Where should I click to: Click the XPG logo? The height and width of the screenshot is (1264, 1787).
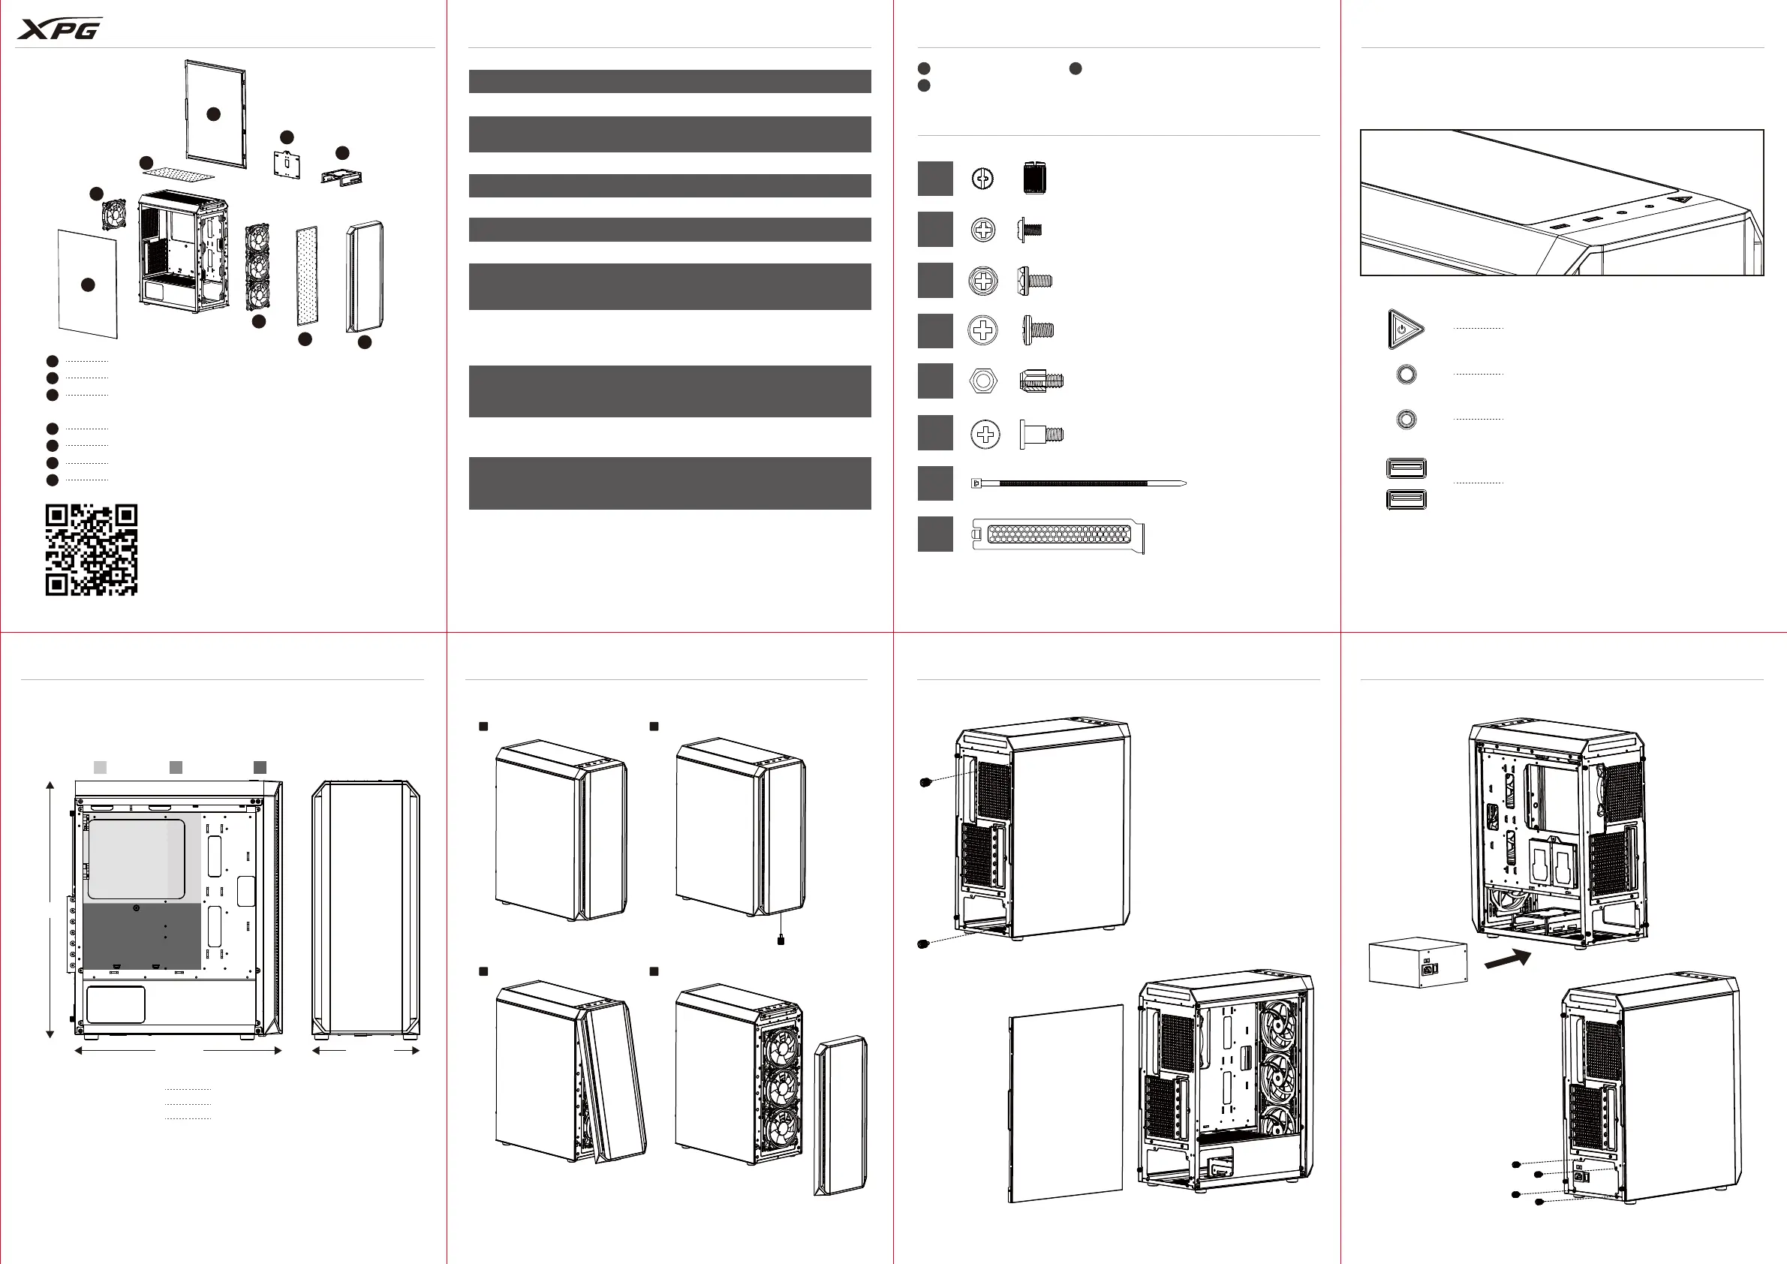click(x=60, y=29)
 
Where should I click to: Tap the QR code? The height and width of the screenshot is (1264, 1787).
click(x=91, y=549)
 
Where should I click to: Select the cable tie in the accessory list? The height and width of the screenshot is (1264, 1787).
click(x=1078, y=483)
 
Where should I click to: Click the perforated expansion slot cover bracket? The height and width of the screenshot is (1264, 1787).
click(x=1058, y=534)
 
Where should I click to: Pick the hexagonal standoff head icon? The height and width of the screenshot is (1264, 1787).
click(x=983, y=381)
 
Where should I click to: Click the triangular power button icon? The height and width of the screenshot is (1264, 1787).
click(x=1405, y=330)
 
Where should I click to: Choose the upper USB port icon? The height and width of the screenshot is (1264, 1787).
click(x=1406, y=468)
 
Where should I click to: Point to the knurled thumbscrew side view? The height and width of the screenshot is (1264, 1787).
click(x=1034, y=179)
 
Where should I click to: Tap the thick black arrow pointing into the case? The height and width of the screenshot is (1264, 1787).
click(x=1508, y=960)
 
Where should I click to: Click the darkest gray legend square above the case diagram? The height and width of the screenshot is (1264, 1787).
click(x=260, y=767)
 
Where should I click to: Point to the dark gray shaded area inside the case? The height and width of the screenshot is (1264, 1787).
click(x=141, y=936)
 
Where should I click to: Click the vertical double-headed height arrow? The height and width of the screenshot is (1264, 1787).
click(x=50, y=909)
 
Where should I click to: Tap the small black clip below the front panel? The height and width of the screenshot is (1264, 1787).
click(x=781, y=940)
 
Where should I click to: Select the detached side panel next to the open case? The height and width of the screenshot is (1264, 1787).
click(x=1066, y=1103)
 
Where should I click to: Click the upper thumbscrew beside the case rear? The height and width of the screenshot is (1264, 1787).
click(x=925, y=782)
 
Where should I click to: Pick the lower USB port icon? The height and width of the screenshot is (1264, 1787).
click(x=1406, y=499)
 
